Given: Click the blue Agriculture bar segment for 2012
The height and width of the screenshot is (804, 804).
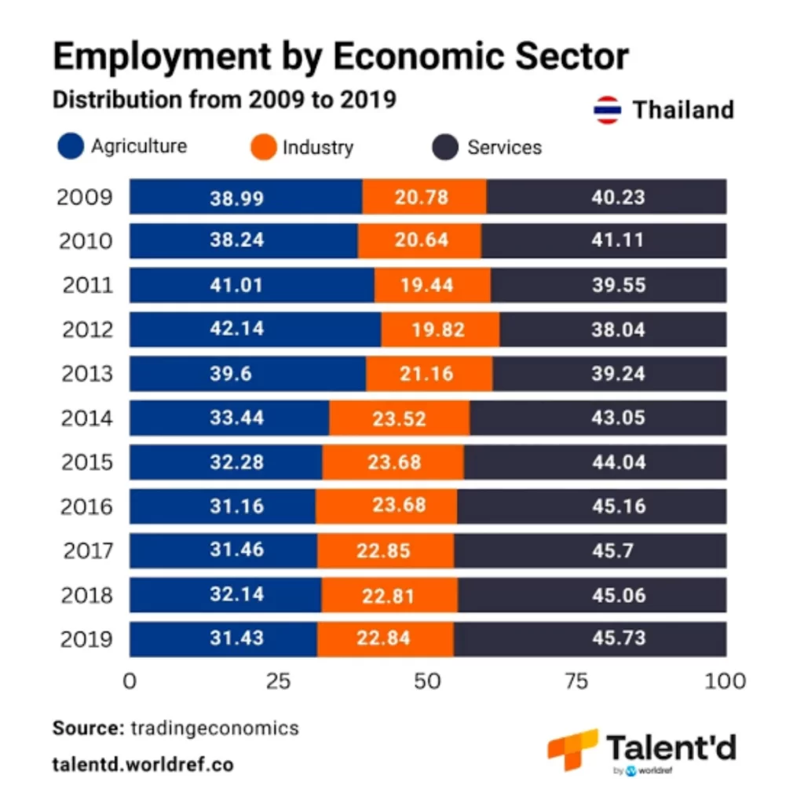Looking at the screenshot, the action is (255, 329).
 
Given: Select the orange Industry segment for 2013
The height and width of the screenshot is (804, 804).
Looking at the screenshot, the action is (429, 373).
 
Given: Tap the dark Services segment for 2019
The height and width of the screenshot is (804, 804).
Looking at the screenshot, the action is (590, 639).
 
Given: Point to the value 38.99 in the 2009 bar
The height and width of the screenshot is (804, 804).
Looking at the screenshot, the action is (237, 198).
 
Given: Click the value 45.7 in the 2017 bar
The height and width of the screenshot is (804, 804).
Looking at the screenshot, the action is (612, 550).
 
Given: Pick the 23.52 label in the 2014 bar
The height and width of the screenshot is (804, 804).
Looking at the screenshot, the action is (399, 419).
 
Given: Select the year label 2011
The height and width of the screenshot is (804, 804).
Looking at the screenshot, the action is (87, 285).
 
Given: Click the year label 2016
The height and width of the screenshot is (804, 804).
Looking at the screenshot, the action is (86, 506).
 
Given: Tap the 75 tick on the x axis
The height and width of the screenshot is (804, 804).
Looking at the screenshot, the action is (576, 682).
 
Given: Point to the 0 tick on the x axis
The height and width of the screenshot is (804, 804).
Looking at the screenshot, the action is (130, 682).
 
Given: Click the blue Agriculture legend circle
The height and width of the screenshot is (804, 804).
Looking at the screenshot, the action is (71, 146).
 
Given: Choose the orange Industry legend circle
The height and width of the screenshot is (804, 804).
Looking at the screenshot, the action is (264, 147).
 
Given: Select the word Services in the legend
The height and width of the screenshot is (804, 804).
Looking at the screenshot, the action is (505, 148).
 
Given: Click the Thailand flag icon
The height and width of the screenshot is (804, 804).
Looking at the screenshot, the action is (607, 110).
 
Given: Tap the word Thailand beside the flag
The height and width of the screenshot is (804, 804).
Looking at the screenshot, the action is (684, 110).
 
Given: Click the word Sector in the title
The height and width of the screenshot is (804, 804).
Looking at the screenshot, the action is (572, 56).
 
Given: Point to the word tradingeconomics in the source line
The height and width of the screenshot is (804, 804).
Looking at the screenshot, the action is (215, 728).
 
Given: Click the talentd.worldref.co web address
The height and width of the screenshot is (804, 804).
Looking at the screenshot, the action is (143, 765).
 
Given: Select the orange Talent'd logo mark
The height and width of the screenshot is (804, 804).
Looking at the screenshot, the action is (573, 750).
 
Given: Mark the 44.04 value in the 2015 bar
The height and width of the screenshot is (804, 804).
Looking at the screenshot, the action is (619, 462).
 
